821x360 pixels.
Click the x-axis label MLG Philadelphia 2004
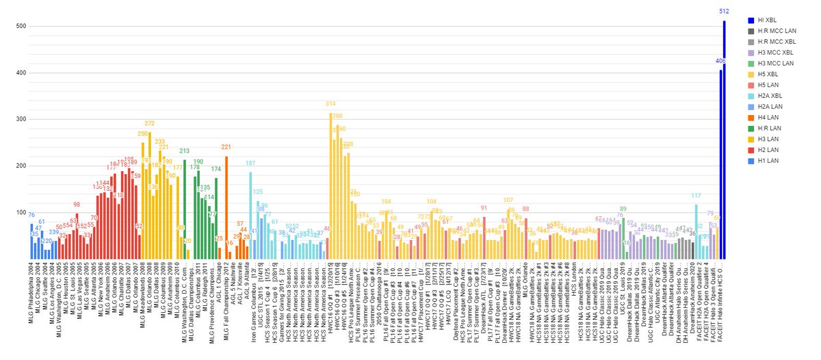pos(31,300)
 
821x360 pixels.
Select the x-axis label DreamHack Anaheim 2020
pos(693,302)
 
